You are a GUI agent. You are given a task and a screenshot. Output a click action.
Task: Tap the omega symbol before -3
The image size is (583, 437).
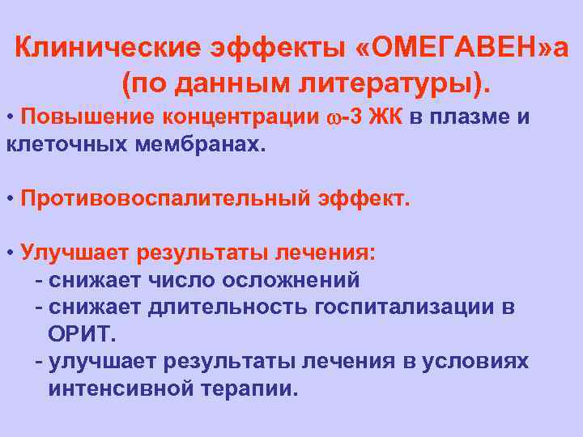coord(333,118)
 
